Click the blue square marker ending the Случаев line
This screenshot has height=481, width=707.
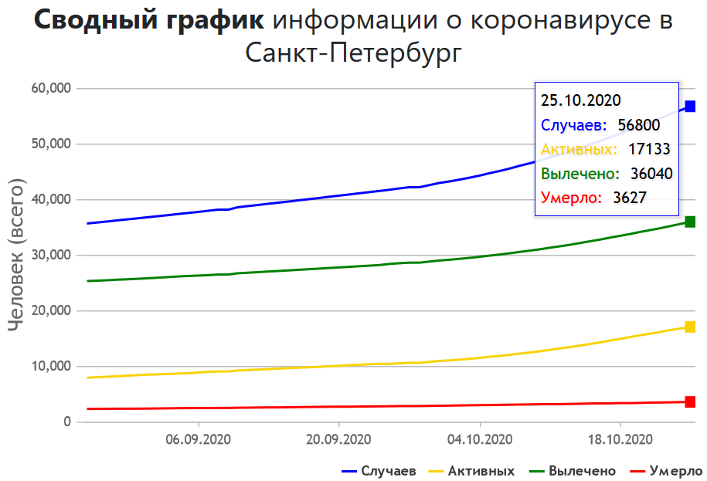coord(690,107)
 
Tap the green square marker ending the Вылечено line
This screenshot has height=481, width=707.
coord(690,222)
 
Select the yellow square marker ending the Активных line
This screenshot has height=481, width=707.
coord(690,327)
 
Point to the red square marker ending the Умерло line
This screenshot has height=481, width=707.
coord(690,401)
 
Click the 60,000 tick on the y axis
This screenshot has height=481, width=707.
coord(51,89)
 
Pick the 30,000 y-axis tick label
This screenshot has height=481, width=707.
coord(51,256)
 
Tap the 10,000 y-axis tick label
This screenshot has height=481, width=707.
coord(51,367)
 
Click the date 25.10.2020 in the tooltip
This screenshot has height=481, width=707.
coord(581,100)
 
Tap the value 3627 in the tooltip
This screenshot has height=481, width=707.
coord(629,198)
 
